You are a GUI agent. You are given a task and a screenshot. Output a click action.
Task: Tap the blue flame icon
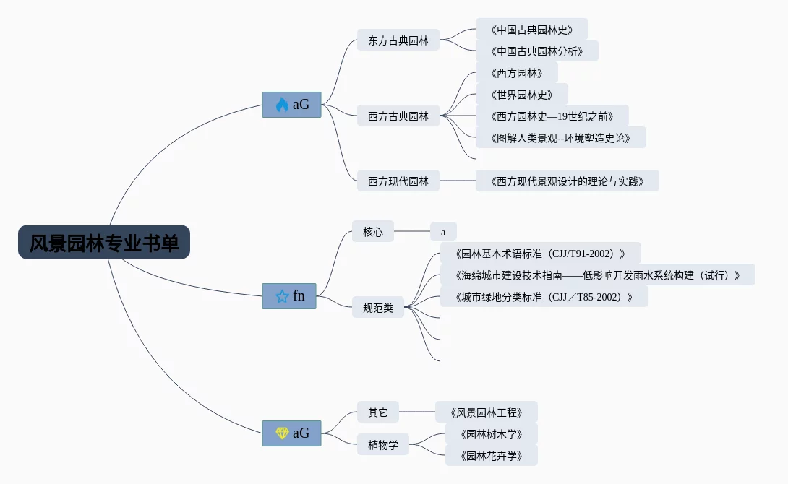click(282, 105)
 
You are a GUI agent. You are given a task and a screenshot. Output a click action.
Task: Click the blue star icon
click(282, 296)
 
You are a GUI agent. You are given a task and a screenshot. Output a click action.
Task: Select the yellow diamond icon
click(282, 433)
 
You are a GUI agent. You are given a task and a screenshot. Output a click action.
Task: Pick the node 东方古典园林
click(398, 40)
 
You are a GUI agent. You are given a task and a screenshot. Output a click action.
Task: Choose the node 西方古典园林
click(398, 116)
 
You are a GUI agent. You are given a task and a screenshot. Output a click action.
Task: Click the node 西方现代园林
click(398, 181)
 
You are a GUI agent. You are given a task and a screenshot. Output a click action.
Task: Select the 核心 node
click(373, 232)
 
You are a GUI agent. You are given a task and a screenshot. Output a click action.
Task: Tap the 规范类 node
click(378, 308)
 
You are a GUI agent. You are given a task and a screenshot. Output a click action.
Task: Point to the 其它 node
click(378, 412)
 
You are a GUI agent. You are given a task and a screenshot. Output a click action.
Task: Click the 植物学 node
click(383, 444)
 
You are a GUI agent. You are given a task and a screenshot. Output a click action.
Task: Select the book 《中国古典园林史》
click(531, 30)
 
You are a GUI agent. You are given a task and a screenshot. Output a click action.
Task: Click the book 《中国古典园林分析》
click(536, 51)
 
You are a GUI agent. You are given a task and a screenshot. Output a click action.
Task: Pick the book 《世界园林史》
click(521, 95)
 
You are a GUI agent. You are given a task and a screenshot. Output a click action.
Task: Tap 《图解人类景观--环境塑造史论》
click(560, 138)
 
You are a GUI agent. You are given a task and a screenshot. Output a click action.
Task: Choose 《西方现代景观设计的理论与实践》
click(567, 181)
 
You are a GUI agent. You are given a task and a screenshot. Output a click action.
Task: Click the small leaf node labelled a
click(443, 232)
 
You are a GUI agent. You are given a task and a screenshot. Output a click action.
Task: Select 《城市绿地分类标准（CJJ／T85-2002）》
click(544, 297)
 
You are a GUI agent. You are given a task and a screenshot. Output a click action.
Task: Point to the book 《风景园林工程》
click(486, 412)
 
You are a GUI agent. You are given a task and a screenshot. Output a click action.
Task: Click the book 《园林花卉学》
click(491, 456)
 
